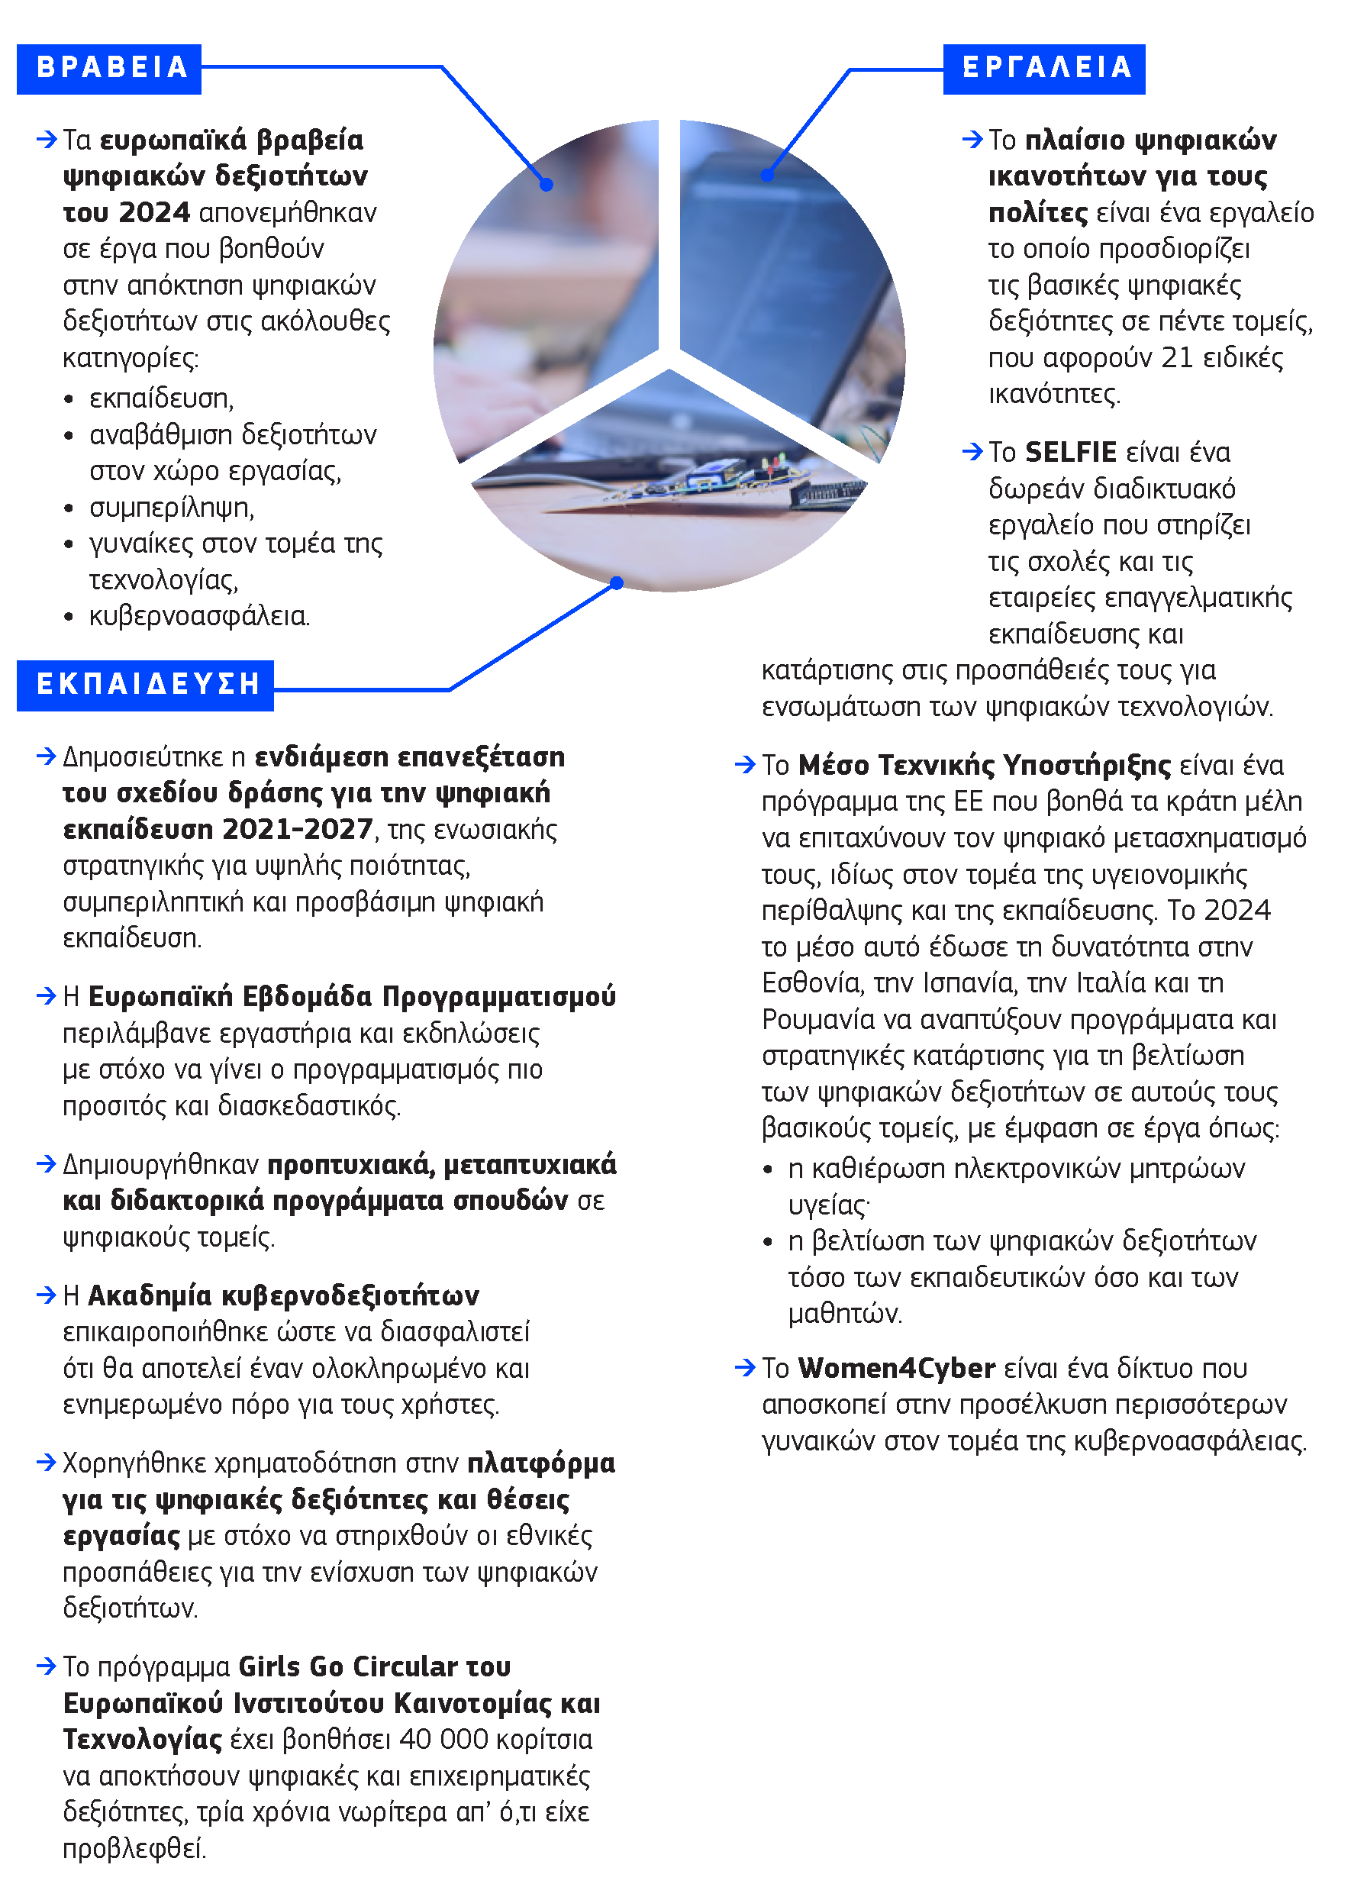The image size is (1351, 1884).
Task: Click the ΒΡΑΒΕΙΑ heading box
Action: click(109, 68)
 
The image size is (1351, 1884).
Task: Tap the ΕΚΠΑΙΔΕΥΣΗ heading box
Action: click(145, 685)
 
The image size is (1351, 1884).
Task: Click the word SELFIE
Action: click(1070, 453)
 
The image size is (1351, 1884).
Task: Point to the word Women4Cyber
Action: click(896, 1368)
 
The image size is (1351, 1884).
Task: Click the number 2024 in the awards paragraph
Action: click(154, 213)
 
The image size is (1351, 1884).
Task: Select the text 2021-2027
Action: click(300, 829)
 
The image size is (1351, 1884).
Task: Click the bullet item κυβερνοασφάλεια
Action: click(199, 616)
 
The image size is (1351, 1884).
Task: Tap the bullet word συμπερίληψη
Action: click(172, 508)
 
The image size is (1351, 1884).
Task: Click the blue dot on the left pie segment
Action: click(547, 185)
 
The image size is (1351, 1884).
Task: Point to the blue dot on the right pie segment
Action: click(767, 176)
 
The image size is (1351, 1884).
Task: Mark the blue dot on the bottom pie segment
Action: click(616, 583)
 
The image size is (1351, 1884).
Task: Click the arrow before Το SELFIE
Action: click(972, 452)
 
